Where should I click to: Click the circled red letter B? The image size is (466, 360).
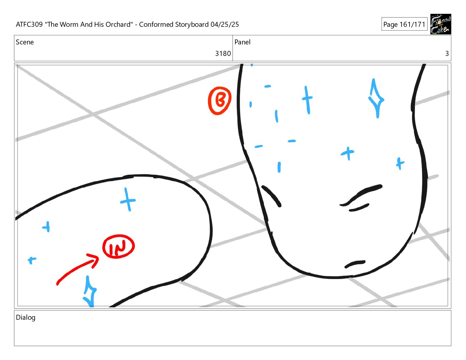pyautogui.click(x=219, y=101)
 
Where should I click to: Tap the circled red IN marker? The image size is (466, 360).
pyautogui.click(x=118, y=246)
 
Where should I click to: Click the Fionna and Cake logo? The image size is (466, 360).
pyautogui.click(x=440, y=24)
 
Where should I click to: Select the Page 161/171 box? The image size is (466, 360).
pyautogui.click(x=404, y=24)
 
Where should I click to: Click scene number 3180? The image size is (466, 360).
pyautogui.click(x=223, y=54)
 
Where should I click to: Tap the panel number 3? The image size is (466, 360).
pyautogui.click(x=447, y=54)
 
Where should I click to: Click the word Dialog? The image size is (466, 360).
pyautogui.click(x=26, y=318)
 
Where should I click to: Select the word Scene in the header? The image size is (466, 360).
pyautogui.click(x=25, y=42)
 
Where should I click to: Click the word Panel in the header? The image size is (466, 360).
pyautogui.click(x=242, y=42)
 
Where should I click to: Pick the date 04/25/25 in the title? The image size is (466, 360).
pyautogui.click(x=224, y=24)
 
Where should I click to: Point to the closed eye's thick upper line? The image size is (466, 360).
pyautogui.click(x=361, y=194)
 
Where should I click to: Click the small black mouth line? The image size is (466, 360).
pyautogui.click(x=355, y=264)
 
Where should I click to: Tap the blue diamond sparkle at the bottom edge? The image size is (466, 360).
pyautogui.click(x=89, y=291)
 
